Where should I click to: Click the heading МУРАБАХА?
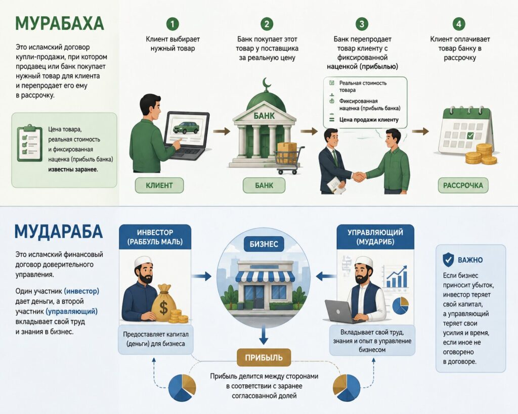click(60, 23)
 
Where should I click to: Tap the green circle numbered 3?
click(362, 24)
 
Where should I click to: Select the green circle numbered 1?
click(172, 24)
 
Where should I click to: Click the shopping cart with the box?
click(288, 158)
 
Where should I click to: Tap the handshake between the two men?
click(358, 176)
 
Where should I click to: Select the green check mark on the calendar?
click(470, 135)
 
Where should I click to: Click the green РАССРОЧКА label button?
click(463, 186)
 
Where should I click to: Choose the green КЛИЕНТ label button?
click(159, 186)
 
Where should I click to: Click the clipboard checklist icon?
click(30, 143)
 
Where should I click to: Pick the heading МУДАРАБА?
click(59, 231)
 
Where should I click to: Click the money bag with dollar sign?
click(164, 304)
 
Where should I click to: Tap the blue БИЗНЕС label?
click(264, 244)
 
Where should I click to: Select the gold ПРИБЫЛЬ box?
click(264, 357)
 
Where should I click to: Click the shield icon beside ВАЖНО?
click(448, 259)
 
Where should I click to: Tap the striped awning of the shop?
click(264, 277)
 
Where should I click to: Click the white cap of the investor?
click(144, 261)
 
